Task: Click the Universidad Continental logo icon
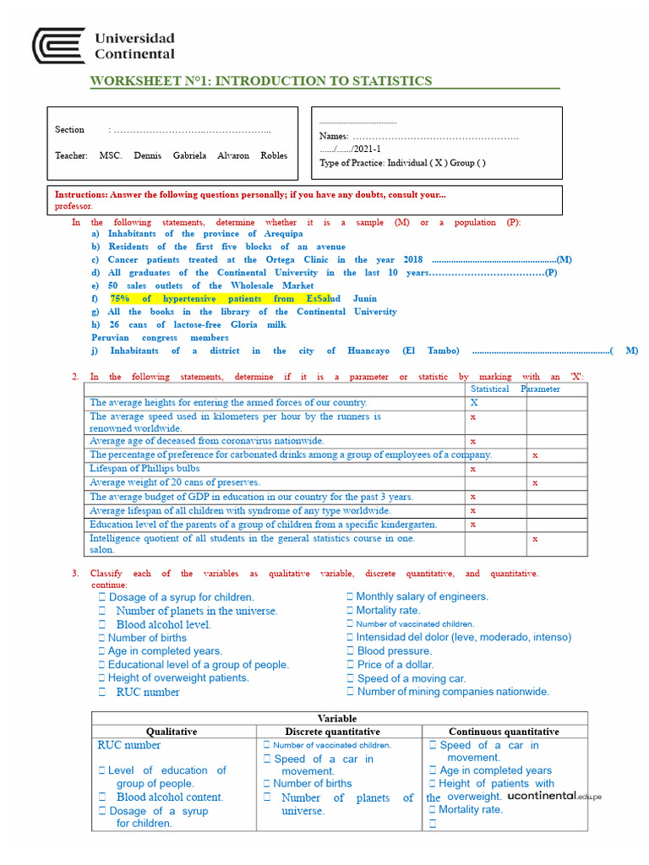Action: (58, 46)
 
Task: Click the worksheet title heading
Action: (261, 81)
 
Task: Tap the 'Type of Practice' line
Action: (401, 163)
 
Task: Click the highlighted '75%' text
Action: (121, 298)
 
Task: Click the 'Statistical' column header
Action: (489, 389)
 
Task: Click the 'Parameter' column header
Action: (540, 389)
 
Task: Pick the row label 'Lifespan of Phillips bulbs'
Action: (145, 468)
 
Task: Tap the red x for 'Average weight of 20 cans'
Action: (535, 482)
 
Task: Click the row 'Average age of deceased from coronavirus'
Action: (207, 441)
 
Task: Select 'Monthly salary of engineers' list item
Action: (422, 596)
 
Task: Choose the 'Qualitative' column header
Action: (172, 732)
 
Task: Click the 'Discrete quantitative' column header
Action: (332, 732)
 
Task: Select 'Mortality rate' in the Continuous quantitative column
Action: (471, 809)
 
